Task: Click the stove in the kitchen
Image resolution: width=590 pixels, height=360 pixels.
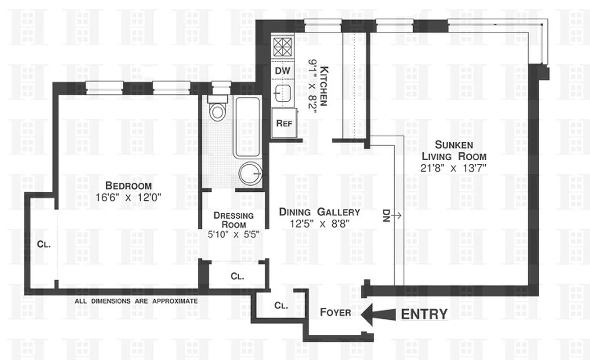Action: pyautogui.click(x=283, y=47)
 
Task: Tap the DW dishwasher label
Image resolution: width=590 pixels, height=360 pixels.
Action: pyautogui.click(x=283, y=71)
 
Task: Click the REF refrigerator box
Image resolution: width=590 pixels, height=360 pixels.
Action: pyautogui.click(x=284, y=123)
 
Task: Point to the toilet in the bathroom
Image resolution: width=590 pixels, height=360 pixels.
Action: pyautogui.click(x=218, y=111)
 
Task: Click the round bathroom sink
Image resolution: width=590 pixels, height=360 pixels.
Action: pyautogui.click(x=250, y=173)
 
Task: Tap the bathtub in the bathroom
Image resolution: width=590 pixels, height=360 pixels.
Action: pyautogui.click(x=247, y=126)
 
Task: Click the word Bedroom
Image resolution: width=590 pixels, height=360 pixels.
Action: pyautogui.click(x=128, y=185)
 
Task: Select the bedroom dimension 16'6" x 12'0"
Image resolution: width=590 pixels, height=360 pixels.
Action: pyautogui.click(x=128, y=197)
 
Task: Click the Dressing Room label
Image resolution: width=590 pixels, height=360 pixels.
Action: pyautogui.click(x=234, y=220)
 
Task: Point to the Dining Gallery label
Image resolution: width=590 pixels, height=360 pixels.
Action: pyautogui.click(x=319, y=211)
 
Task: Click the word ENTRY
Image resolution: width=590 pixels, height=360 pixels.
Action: pyautogui.click(x=424, y=314)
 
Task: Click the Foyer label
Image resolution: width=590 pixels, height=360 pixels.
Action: pyautogui.click(x=335, y=312)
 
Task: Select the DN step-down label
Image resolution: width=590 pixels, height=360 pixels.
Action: pyautogui.click(x=386, y=216)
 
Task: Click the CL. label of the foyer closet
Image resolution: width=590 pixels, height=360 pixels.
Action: pyautogui.click(x=281, y=306)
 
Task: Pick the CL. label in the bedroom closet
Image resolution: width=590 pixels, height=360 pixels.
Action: pyautogui.click(x=44, y=245)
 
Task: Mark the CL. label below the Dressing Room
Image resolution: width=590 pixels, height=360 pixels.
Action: pyautogui.click(x=237, y=276)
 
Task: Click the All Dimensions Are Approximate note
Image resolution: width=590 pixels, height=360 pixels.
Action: pyautogui.click(x=136, y=301)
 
